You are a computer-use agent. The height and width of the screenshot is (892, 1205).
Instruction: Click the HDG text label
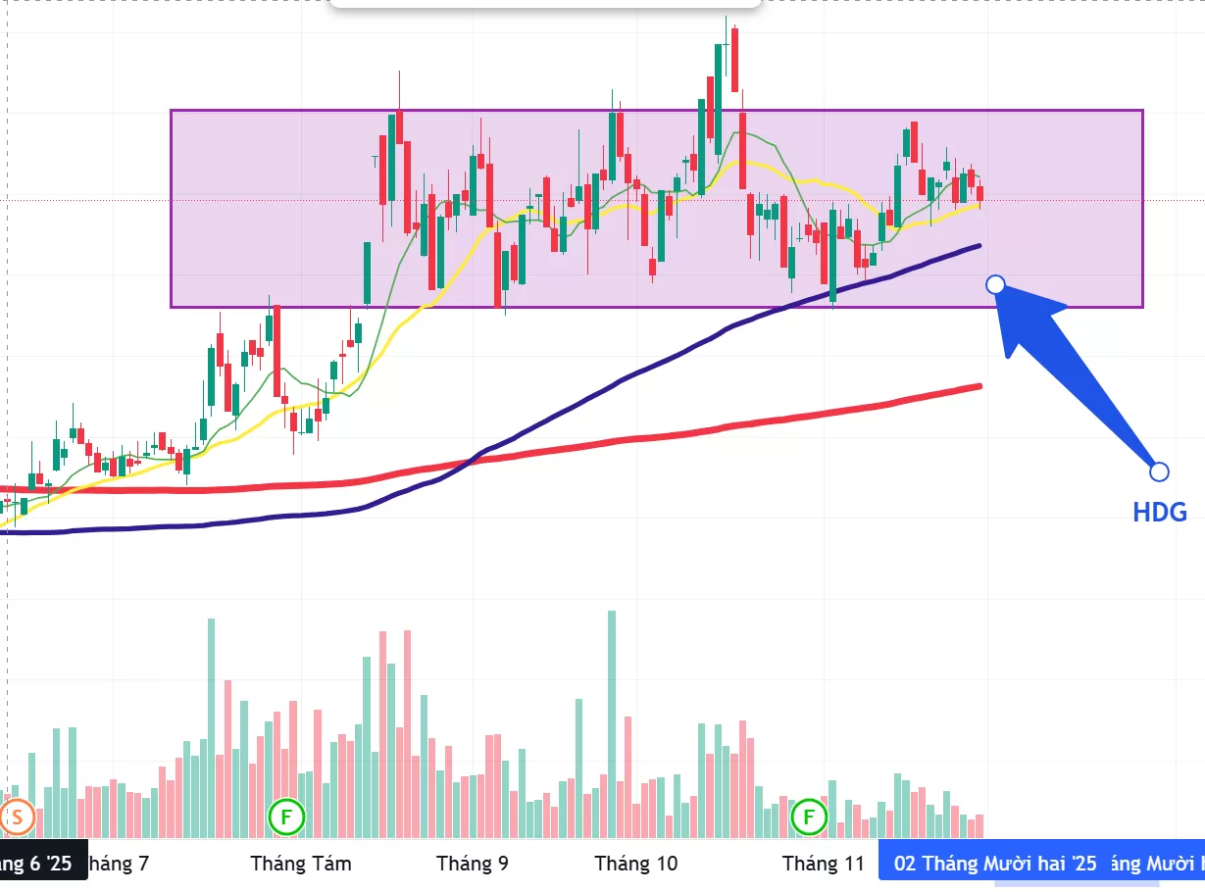(x=1160, y=512)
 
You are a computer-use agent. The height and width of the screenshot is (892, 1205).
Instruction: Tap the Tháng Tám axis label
(x=301, y=864)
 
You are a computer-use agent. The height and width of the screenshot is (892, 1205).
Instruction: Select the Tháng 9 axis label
(x=473, y=864)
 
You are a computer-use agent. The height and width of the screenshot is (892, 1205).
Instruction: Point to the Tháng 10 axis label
(x=636, y=864)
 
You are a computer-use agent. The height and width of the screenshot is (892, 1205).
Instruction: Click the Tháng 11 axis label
(x=824, y=864)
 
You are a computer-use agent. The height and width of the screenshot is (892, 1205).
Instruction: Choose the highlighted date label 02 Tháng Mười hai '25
(x=995, y=864)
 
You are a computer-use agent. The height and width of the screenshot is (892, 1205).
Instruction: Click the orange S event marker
(x=18, y=816)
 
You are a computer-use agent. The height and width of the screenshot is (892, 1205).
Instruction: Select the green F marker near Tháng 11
(x=810, y=816)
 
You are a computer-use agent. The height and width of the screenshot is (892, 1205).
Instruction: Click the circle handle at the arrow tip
(x=995, y=284)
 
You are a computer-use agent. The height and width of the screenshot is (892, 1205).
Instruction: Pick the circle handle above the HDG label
(x=1159, y=471)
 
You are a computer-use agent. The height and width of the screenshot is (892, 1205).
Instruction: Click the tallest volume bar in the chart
(x=612, y=725)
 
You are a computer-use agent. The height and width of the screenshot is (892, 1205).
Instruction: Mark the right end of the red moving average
(x=979, y=386)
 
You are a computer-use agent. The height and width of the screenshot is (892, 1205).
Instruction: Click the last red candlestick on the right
(x=979, y=193)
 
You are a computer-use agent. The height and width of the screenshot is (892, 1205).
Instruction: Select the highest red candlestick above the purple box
(x=733, y=59)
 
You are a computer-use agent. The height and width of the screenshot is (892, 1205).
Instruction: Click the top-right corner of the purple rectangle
(x=1143, y=110)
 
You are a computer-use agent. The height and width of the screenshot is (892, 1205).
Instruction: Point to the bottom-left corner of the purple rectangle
(x=172, y=307)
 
